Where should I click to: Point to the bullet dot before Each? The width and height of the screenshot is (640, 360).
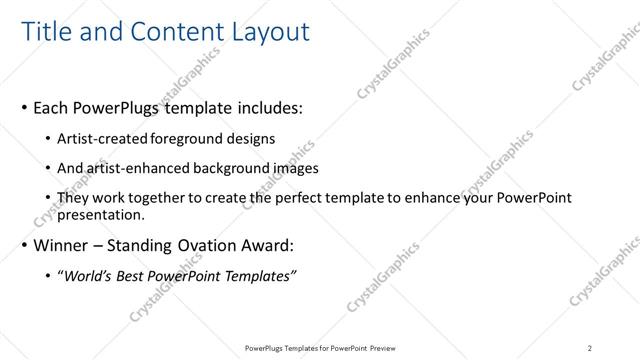click(23, 106)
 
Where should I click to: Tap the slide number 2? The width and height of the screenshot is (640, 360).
click(590, 347)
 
